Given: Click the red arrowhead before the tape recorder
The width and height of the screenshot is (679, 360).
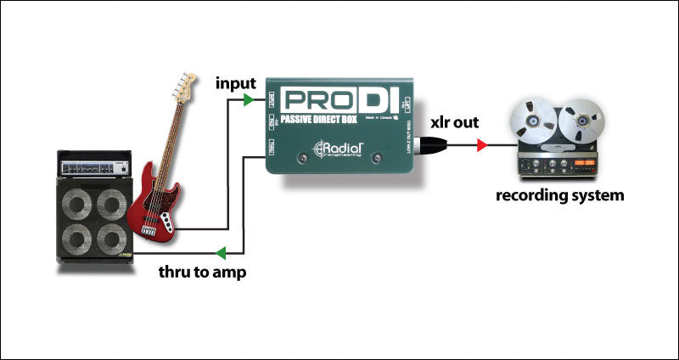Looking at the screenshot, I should coord(482,146).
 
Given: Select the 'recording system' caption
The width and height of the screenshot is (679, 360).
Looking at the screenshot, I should coord(561,195).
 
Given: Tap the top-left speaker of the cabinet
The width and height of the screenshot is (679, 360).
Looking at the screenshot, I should coord(78,205).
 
